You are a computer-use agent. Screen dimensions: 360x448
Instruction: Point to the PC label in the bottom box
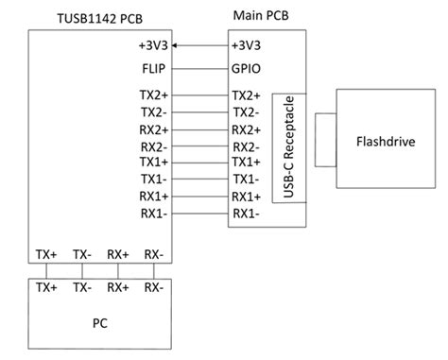point(99,323)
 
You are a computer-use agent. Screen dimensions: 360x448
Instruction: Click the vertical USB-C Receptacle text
point(282,148)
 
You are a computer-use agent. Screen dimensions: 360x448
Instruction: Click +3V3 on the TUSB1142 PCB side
point(151,45)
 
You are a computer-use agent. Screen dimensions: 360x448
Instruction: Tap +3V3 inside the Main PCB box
point(249,45)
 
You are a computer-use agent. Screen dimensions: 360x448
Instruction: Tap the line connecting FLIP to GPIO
point(201,68)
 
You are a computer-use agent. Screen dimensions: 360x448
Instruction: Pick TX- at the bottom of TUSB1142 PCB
point(82,255)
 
